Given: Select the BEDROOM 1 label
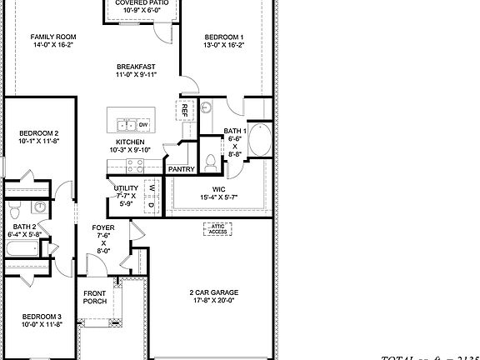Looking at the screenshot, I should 224,37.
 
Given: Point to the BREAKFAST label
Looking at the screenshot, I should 135,67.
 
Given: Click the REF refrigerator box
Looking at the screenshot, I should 184,109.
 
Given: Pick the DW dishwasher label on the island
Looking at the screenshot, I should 143,125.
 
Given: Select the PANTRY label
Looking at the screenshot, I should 182,169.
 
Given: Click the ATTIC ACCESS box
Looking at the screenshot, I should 217,228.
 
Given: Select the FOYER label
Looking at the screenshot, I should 104,226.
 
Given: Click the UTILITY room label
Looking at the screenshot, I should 127,188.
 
